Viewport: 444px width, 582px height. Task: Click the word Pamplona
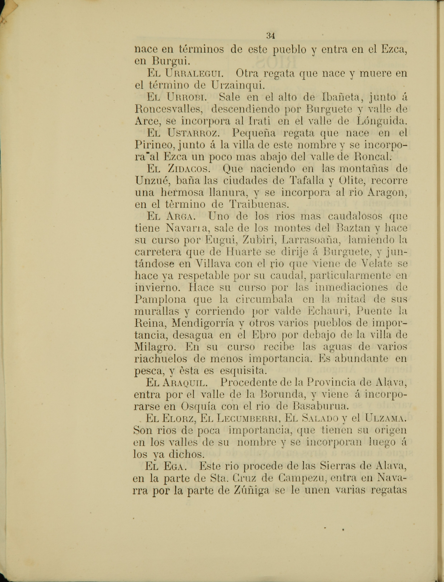(160, 299)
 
